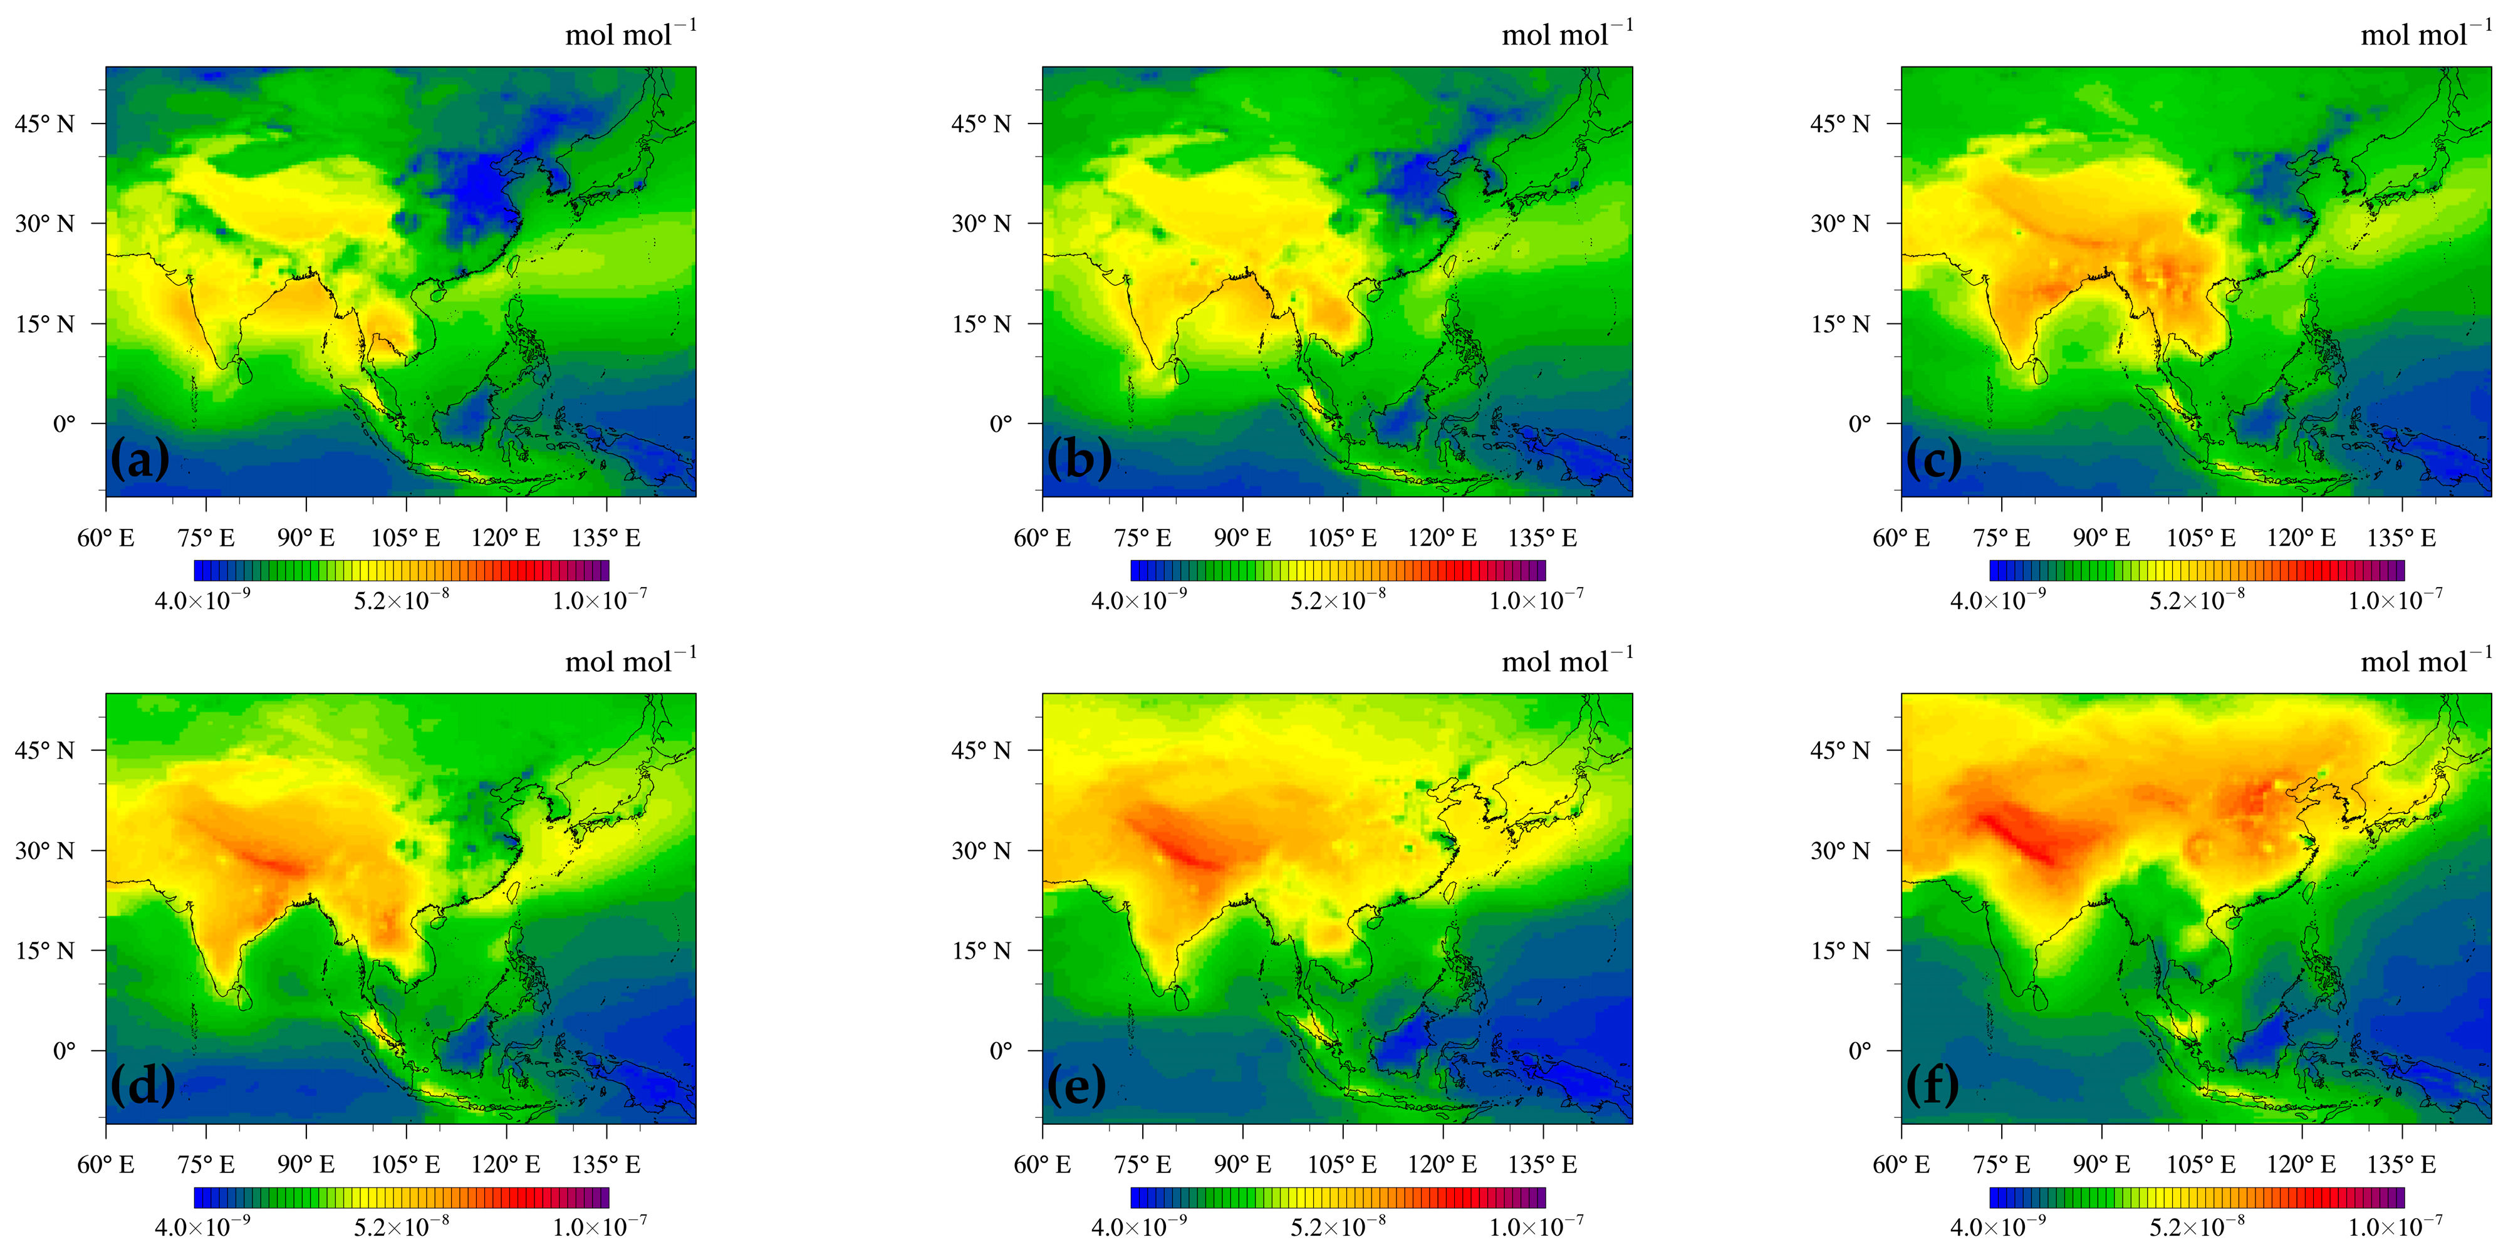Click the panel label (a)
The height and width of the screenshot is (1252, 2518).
pos(140,459)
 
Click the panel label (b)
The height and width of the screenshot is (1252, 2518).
pos(1078,459)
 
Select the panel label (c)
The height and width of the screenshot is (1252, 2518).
pos(1935,459)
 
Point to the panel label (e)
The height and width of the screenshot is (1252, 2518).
pos(1076,1085)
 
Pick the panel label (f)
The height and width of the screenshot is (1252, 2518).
pos(1932,1085)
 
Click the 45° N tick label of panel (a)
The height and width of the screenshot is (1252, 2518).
pos(44,124)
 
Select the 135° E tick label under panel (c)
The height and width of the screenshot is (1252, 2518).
pos(2401,538)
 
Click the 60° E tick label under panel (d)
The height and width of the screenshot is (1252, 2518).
pos(105,1165)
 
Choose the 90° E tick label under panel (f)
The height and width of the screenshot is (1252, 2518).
pos(2101,1165)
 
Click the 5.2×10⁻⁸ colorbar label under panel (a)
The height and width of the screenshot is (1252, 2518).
pos(401,599)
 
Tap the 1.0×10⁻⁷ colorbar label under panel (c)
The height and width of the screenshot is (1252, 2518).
pos(2395,599)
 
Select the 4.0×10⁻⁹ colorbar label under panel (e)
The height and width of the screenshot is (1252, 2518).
pos(1139,1226)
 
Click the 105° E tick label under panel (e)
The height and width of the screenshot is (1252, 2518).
pos(1342,1165)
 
